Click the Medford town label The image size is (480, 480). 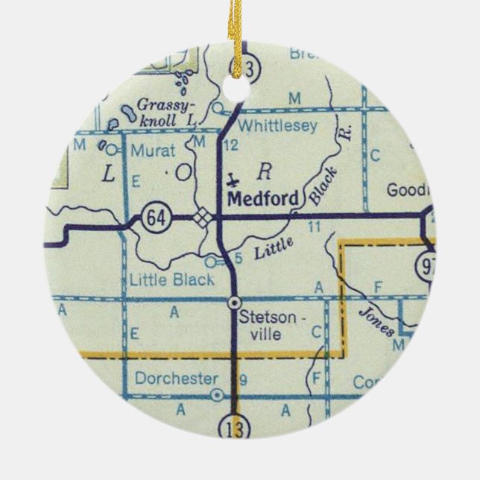tap(263, 198)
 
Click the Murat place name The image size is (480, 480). tap(153, 150)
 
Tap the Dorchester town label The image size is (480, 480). tap(177, 378)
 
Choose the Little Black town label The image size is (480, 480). tap(171, 280)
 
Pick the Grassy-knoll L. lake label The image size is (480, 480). tap(167, 112)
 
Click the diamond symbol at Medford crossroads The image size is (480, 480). tap(201, 218)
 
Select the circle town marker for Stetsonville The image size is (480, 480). tap(234, 303)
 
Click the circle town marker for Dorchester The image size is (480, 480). tap(216, 395)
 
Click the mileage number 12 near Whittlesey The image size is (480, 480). tap(230, 144)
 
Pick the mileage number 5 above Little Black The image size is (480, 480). tap(238, 258)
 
